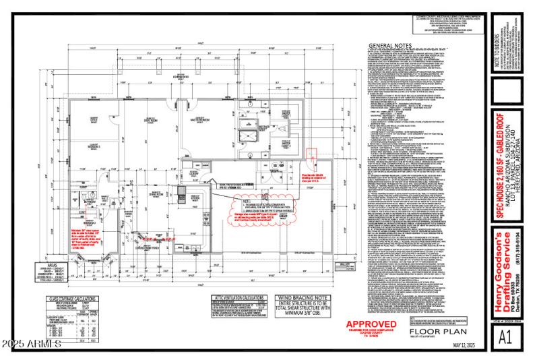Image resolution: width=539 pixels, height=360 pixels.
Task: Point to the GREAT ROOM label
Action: point(141,120)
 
